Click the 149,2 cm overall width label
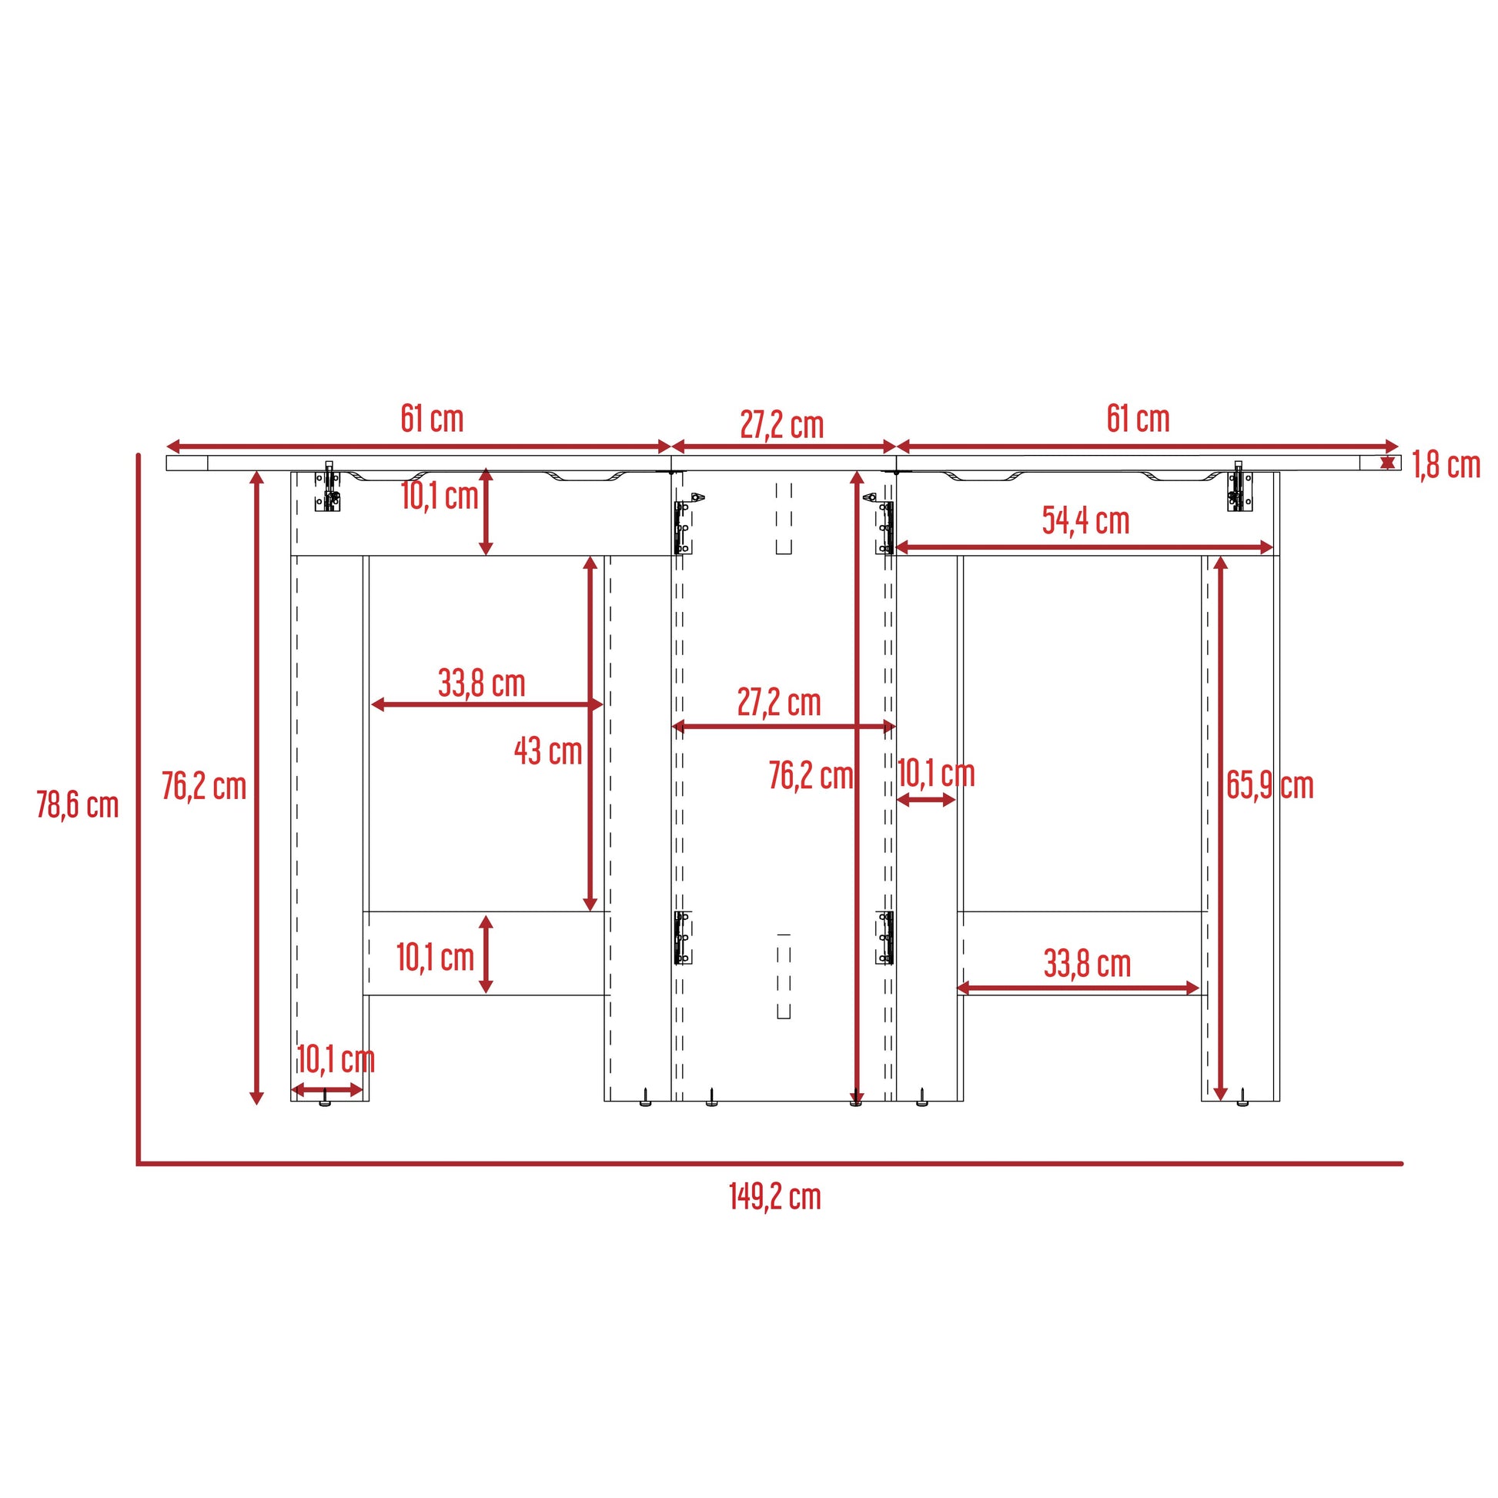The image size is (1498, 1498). (x=774, y=1196)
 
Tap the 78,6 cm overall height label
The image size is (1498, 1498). (x=78, y=805)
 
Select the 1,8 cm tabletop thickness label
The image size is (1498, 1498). (x=1446, y=465)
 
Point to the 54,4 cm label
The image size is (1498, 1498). (x=1085, y=520)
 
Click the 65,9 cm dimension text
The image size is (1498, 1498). (x=1270, y=785)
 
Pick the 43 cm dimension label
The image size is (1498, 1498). (x=548, y=751)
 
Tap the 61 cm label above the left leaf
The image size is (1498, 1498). (x=432, y=419)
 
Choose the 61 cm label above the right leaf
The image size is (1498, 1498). (x=1139, y=419)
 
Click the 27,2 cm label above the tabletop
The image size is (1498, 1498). (x=781, y=425)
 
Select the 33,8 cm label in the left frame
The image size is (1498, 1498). (x=482, y=683)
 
